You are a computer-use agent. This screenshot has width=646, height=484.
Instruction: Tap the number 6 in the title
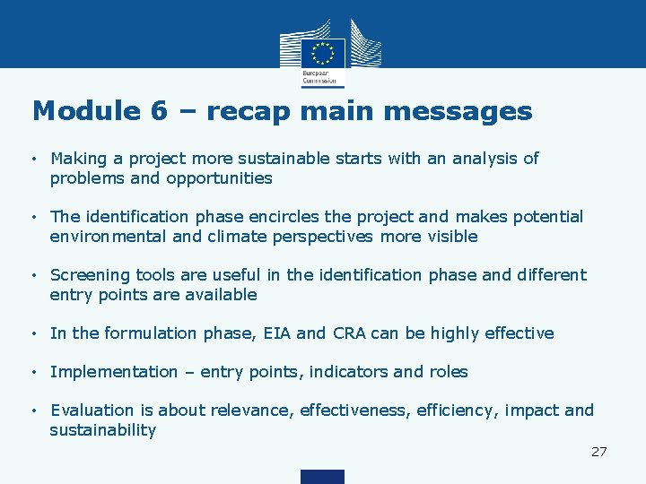click(x=159, y=112)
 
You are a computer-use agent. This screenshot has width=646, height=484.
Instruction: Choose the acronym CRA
click(x=348, y=333)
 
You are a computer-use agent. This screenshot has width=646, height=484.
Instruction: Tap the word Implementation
click(x=114, y=372)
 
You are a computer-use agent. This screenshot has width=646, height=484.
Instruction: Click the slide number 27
click(x=598, y=452)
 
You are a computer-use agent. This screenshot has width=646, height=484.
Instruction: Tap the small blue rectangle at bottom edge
click(x=322, y=476)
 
